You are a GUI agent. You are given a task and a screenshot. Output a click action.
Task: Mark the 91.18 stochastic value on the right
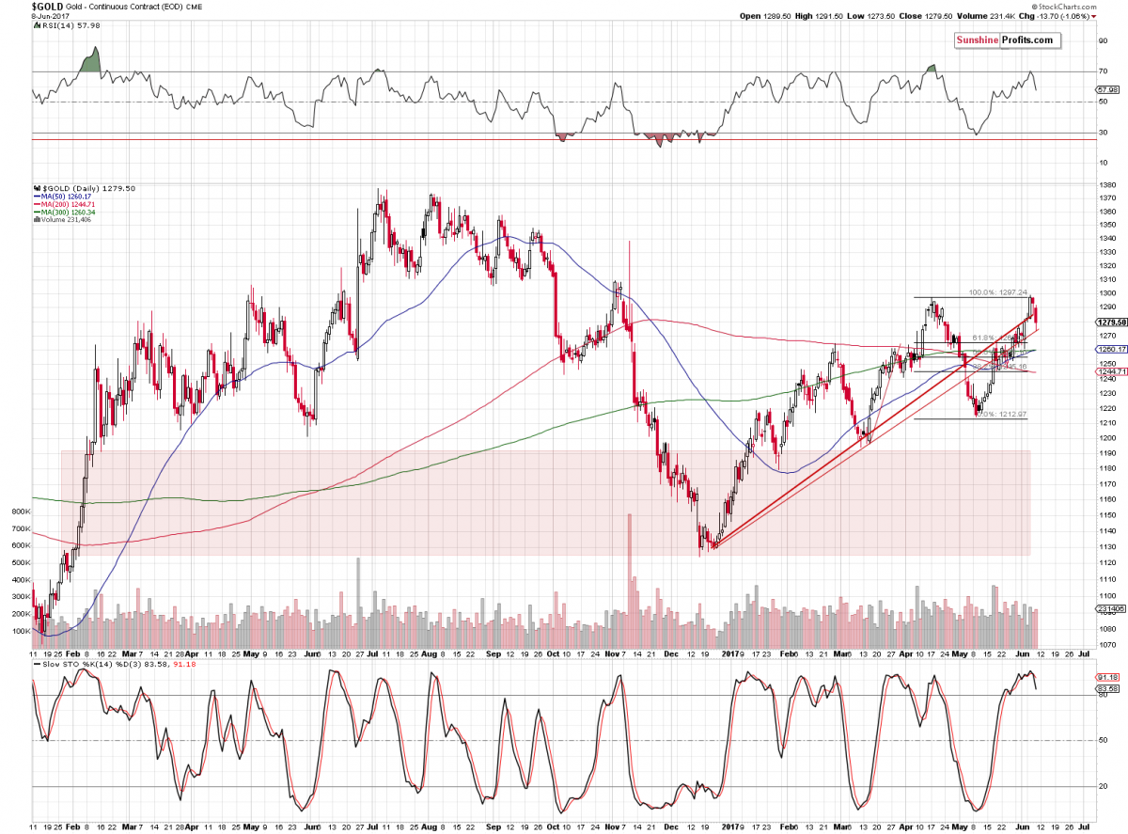pyautogui.click(x=1108, y=677)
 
